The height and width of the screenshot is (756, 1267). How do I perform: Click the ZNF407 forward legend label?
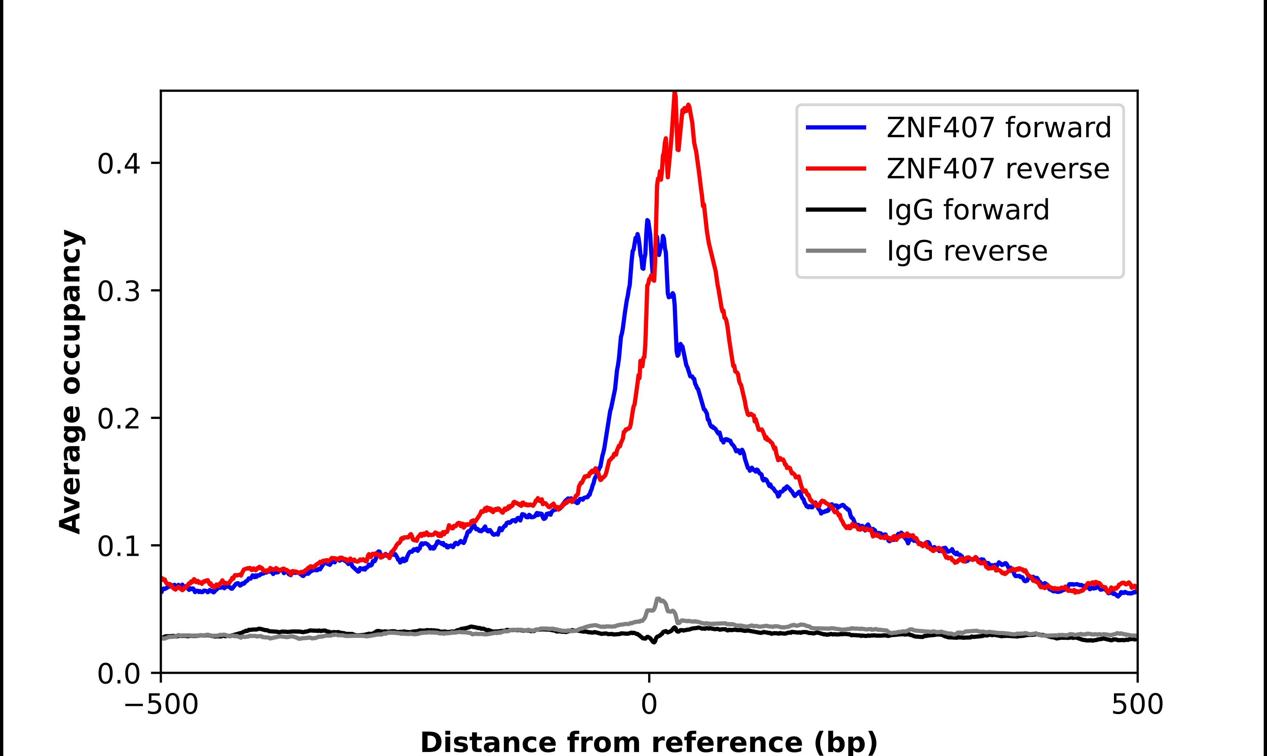click(998, 127)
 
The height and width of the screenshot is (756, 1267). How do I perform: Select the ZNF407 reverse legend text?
click(997, 169)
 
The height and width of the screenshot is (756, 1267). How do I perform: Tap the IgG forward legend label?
click(968, 210)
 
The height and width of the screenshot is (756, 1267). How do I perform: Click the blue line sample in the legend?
click(836, 127)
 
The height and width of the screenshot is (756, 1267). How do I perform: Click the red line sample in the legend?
click(836, 169)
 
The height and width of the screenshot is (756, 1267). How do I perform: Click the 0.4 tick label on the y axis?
click(119, 164)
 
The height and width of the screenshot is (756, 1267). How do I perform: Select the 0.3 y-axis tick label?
click(119, 291)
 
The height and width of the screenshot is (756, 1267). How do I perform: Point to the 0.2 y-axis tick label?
click(119, 419)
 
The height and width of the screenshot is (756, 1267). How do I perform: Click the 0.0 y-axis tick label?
click(119, 674)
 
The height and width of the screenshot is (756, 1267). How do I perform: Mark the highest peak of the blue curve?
click(647, 221)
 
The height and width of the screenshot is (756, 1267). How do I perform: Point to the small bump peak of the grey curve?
click(658, 599)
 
